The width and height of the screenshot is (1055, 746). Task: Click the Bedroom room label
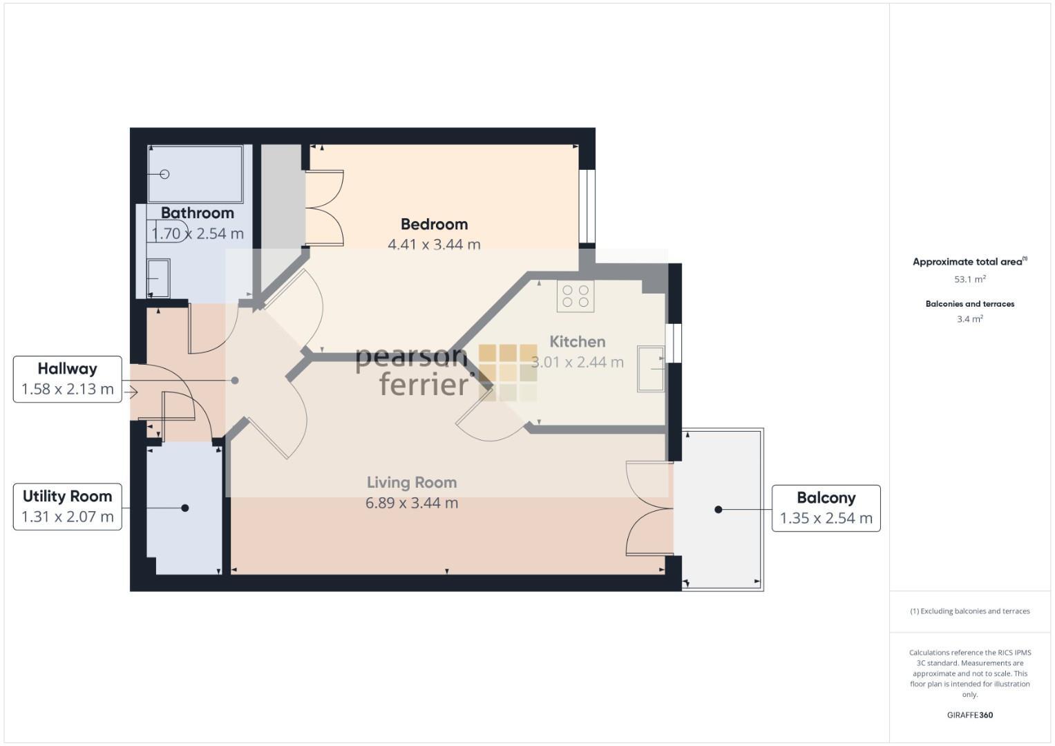pyautogui.click(x=434, y=224)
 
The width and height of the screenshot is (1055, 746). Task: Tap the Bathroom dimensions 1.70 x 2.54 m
pyautogui.click(x=198, y=233)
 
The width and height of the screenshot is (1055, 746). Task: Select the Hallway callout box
pyautogui.click(x=67, y=379)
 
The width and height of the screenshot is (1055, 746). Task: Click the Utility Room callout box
pyautogui.click(x=67, y=506)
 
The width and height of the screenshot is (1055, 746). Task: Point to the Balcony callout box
pyautogui.click(x=826, y=508)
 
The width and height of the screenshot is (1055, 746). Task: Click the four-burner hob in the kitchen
pyautogui.click(x=576, y=296)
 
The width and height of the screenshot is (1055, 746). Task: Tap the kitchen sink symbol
pyautogui.click(x=650, y=370)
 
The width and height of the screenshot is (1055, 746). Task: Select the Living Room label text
pyautogui.click(x=411, y=482)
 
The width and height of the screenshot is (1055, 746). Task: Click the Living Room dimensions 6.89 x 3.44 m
pyautogui.click(x=411, y=503)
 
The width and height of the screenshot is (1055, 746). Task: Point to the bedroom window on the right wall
pyautogui.click(x=587, y=207)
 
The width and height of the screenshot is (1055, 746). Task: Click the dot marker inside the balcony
pyautogui.click(x=719, y=509)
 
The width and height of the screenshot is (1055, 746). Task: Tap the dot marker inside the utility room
pyautogui.click(x=185, y=508)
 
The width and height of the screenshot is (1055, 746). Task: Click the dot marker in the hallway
pyautogui.click(x=235, y=381)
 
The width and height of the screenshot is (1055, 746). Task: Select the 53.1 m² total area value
pyautogui.click(x=969, y=279)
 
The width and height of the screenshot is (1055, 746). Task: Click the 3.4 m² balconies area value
pyautogui.click(x=969, y=319)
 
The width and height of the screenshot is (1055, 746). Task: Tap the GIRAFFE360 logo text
pyautogui.click(x=969, y=715)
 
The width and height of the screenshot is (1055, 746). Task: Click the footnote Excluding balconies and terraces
pyautogui.click(x=969, y=611)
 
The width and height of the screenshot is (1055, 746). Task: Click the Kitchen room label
pyautogui.click(x=577, y=341)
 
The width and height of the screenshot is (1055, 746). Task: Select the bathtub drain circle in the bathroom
pyautogui.click(x=165, y=174)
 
